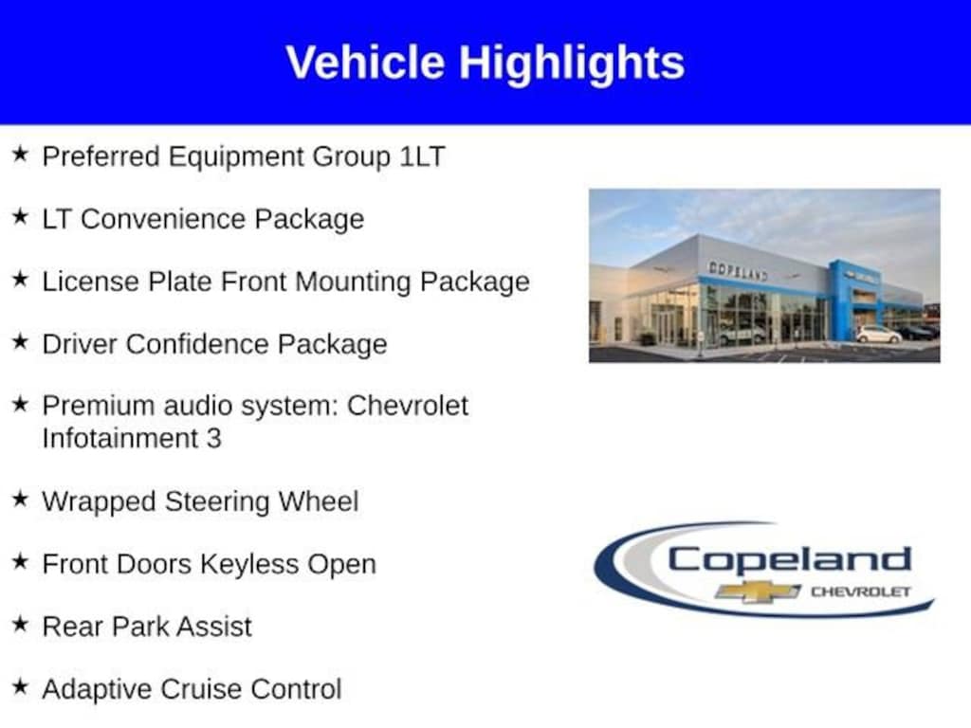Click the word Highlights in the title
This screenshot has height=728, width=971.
pos(572,64)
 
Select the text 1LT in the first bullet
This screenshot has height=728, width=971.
pos(422,156)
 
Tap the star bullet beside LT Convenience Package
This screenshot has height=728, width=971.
pos(21,217)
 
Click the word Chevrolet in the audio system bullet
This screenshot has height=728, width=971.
pos(408,406)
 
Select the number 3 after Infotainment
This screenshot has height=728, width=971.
pos(213,439)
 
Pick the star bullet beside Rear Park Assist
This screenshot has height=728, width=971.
pos(21,624)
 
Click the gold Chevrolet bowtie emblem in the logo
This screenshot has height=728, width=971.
pos(758,591)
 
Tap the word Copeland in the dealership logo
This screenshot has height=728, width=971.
pos(789,561)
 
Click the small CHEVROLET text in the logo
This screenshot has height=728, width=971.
pos(861,591)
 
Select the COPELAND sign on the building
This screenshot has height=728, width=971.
pos(738,270)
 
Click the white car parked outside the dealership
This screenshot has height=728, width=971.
pos(879,335)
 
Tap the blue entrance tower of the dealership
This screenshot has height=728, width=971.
pos(855,300)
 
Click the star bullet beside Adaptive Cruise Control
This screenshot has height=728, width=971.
pos(21,686)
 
